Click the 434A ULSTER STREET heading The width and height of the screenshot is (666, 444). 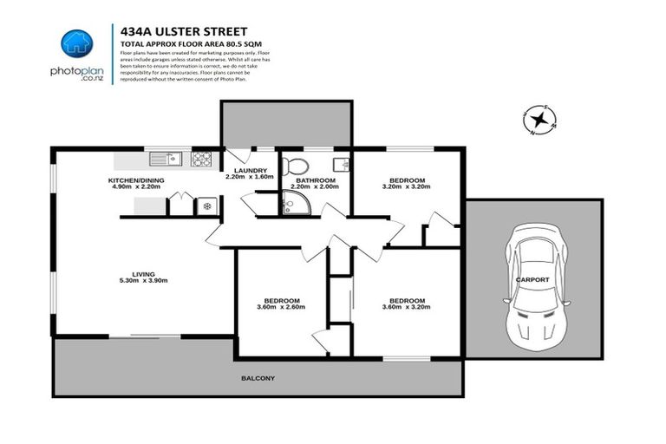171,30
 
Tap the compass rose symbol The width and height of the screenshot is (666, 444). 540,121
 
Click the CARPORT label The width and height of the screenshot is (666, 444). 532,280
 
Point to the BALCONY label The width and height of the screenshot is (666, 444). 258,378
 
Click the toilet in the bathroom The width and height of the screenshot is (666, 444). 296,166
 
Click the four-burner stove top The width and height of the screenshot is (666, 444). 201,159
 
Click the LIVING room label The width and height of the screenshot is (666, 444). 143,274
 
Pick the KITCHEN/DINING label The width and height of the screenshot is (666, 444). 136,180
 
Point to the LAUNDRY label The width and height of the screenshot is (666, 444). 250,171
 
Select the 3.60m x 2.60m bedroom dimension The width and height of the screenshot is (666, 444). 283,307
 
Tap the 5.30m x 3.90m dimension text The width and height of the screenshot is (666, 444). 143,281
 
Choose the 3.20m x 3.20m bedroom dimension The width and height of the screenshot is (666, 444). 404,187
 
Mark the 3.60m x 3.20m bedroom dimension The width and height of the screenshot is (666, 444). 405,307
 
